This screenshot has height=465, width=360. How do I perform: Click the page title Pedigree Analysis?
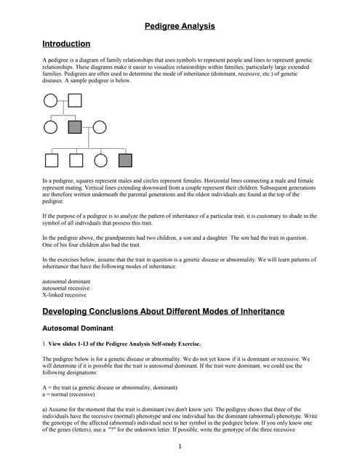pyautogui.click(x=180, y=26)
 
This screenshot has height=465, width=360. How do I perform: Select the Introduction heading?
pyautogui.click(x=66, y=44)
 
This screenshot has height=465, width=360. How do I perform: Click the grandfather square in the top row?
pyautogui.click(x=74, y=102)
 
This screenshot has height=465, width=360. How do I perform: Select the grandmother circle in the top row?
pyautogui.click(x=50, y=102)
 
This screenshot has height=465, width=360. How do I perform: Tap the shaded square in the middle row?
pyautogui.click(x=74, y=127)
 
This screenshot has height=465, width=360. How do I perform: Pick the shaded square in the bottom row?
pyautogui.click(x=125, y=160)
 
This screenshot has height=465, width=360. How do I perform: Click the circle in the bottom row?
pyautogui.click(x=100, y=160)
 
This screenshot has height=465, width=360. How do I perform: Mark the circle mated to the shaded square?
pyautogui.click(x=99, y=127)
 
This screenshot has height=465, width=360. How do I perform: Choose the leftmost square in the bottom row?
pyautogui.click(x=52, y=160)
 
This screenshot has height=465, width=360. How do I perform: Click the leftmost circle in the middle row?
pyautogui.click(x=50, y=127)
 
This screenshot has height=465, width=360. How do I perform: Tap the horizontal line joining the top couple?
pyautogui.click(x=62, y=102)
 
